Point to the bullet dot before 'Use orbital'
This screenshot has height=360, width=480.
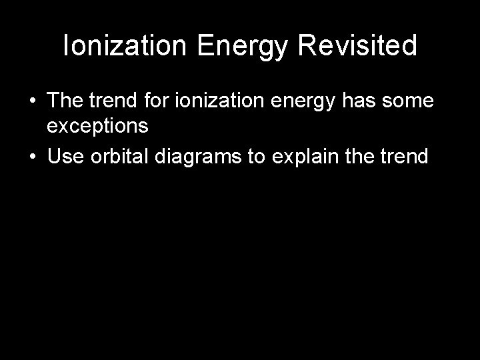tap(33, 158)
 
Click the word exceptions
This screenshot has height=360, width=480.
tap(97, 127)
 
